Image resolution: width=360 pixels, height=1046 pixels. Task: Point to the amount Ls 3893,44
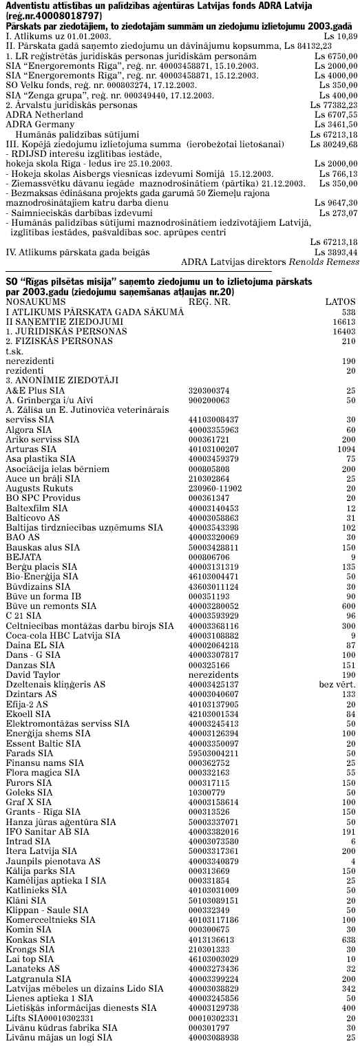pos(338,253)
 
